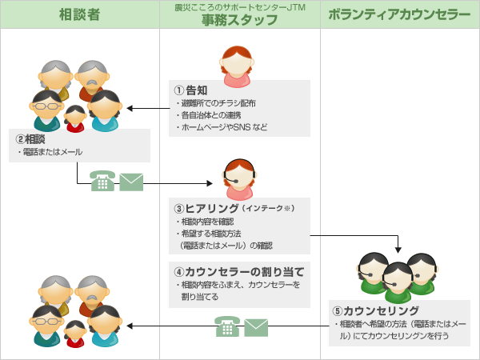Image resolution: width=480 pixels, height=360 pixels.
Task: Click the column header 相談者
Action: (x=80, y=14)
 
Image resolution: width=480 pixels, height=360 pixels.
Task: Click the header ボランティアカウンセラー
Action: (x=398, y=14)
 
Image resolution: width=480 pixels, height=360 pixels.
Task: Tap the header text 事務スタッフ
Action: (x=239, y=20)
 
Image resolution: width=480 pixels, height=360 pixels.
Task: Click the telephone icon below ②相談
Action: (x=102, y=182)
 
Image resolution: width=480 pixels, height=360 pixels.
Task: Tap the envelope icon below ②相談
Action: (x=130, y=182)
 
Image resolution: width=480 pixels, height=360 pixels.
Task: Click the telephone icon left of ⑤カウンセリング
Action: (x=227, y=326)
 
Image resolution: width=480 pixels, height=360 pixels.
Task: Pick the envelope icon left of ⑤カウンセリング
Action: (x=256, y=326)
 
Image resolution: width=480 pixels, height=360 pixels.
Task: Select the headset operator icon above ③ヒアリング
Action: (x=239, y=181)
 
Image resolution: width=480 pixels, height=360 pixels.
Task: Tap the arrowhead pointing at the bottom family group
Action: (x=130, y=326)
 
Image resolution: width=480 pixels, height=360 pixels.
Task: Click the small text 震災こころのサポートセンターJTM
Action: (x=239, y=6)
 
